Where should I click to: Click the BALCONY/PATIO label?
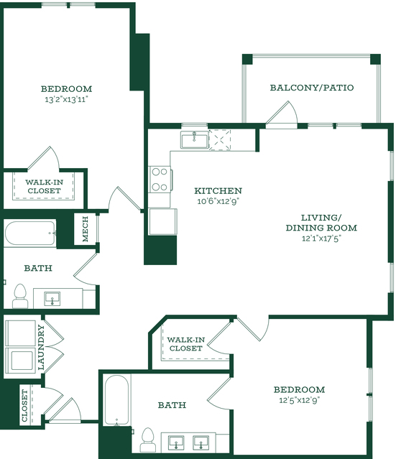[312, 88]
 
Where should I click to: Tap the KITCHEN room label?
[218, 191]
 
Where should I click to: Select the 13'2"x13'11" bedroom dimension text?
[67, 100]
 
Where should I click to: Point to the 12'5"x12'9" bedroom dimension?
[299, 400]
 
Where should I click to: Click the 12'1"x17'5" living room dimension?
[321, 238]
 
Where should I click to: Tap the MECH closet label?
[86, 229]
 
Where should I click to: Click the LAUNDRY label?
[41, 347]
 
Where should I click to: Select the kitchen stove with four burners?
[160, 179]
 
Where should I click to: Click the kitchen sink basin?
[195, 140]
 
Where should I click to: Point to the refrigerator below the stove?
[162, 221]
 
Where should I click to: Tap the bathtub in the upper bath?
[30, 233]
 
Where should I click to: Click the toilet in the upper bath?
[19, 296]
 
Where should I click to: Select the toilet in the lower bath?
[147, 440]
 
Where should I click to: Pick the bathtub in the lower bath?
[116, 400]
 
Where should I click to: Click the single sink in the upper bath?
[52, 299]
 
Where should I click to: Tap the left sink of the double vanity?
[176, 442]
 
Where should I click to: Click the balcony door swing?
[282, 113]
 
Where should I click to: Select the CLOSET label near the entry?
[24, 405]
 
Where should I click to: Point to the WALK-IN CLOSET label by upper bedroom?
[44, 187]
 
